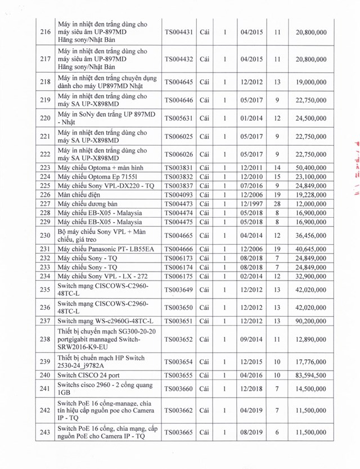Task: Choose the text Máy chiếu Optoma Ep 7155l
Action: pos(95,177)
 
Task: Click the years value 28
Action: pos(277,204)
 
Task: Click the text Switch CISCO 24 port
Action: pos(89,375)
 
